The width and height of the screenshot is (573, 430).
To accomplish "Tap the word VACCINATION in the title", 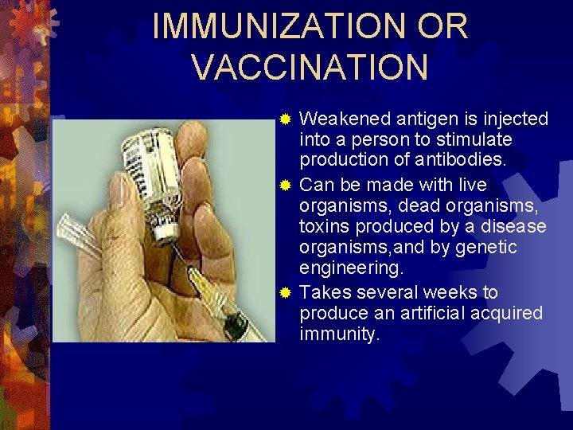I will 310,68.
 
